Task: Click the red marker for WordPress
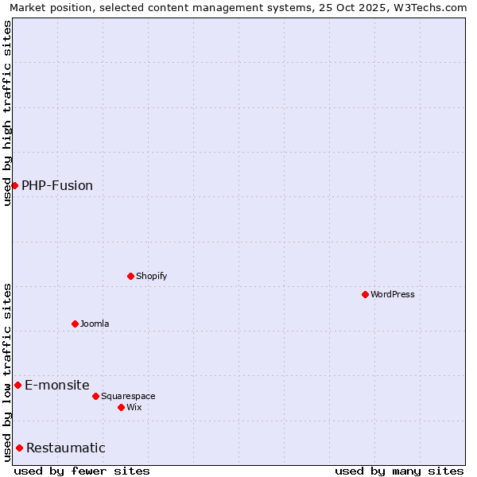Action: point(365,294)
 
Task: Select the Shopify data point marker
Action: point(130,276)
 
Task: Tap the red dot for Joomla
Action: point(75,324)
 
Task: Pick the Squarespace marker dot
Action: point(95,396)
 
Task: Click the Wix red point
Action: point(121,407)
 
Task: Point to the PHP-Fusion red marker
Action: point(14,185)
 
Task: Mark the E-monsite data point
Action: point(17,385)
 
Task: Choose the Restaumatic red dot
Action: point(19,448)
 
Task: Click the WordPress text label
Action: point(393,294)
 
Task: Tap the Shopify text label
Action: point(151,276)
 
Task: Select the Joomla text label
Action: point(95,324)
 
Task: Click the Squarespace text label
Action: point(128,396)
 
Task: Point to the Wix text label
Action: point(134,407)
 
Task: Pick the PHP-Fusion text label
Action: point(57,185)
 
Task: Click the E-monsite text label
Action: point(57,385)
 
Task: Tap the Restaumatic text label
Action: point(66,448)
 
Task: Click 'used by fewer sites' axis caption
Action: point(82,471)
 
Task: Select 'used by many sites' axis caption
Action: point(399,471)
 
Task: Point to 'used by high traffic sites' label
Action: point(8,113)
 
